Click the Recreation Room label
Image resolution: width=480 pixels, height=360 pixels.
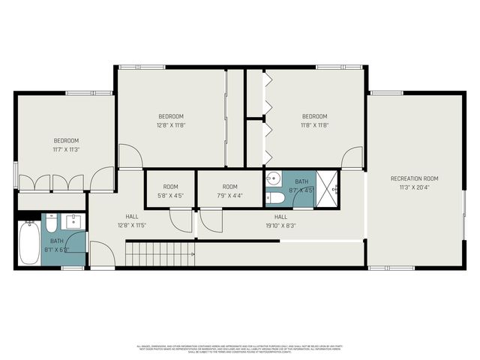click(x=414, y=178)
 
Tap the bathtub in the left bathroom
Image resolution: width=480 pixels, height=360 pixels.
click(x=30, y=242)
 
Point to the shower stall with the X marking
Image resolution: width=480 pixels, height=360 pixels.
click(x=327, y=187)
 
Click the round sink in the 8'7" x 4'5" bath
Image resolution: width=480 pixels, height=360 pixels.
click(x=274, y=179)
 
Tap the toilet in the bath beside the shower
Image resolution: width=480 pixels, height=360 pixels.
click(x=275, y=198)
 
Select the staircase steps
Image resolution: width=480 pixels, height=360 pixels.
click(x=159, y=254)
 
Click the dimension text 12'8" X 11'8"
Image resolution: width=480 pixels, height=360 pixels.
click(x=171, y=125)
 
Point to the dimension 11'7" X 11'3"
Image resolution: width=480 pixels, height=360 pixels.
click(x=66, y=149)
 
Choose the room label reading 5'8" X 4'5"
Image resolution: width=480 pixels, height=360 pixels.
click(x=171, y=196)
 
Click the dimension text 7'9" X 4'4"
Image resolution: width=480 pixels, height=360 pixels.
click(x=229, y=196)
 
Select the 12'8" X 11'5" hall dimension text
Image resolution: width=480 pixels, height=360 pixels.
click(x=131, y=224)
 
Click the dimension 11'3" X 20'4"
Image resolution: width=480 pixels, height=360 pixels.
click(x=414, y=187)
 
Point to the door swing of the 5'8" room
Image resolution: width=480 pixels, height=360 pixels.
click(x=180, y=220)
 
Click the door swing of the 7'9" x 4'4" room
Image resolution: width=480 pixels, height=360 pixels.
click(x=210, y=220)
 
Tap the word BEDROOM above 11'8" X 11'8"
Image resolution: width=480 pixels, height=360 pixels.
click(x=315, y=116)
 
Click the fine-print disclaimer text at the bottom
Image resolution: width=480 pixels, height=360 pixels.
click(x=239, y=348)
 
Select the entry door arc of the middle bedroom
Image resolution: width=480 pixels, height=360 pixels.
click(x=130, y=156)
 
